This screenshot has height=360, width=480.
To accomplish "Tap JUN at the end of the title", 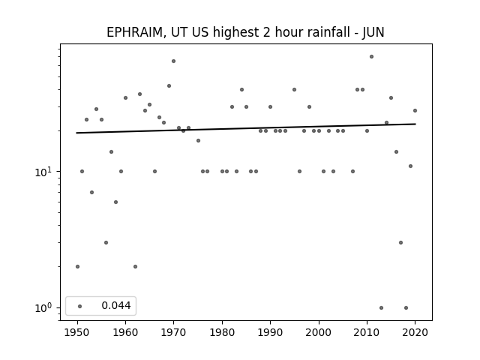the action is click(x=373, y=32).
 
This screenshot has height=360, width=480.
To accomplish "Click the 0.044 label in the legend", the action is click(x=116, y=305).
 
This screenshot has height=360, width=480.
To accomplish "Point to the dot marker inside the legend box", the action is click(x=80, y=306).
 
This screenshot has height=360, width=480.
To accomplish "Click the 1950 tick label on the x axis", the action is click(x=77, y=332).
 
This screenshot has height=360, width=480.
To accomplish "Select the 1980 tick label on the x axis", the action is click(x=222, y=332).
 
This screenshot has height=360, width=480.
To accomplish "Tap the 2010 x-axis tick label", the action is click(x=367, y=332).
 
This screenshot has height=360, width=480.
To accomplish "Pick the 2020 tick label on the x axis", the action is click(x=415, y=332).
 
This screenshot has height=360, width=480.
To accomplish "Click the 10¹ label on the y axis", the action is click(x=42, y=172).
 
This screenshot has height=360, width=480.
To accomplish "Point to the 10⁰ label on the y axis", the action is click(x=42, y=308).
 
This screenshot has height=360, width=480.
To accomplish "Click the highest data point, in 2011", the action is click(x=372, y=57).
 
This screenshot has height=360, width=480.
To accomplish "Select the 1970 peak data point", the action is click(x=173, y=61).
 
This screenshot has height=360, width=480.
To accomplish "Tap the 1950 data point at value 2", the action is click(x=77, y=267).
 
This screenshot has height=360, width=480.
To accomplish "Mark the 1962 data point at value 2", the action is click(x=135, y=267).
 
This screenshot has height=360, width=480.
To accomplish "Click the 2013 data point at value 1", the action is click(x=381, y=308).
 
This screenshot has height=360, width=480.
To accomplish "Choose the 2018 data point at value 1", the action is click(x=406, y=308).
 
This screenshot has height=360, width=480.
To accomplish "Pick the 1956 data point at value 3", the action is click(x=106, y=243).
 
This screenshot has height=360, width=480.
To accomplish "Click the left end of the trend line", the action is click(x=76, y=133).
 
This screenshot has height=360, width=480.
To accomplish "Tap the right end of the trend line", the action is click(x=415, y=124).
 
